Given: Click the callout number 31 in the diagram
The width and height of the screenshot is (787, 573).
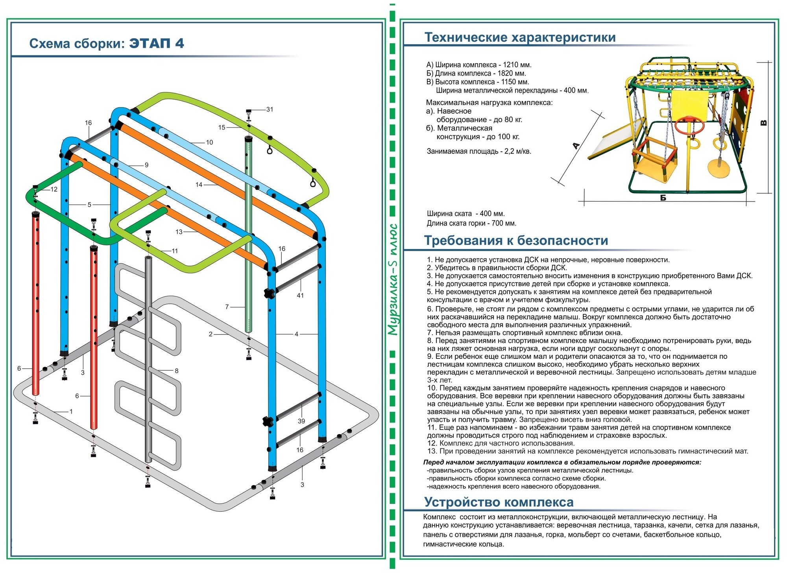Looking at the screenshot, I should pos(270,109).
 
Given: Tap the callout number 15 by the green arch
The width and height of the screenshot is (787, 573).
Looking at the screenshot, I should pos(222,128).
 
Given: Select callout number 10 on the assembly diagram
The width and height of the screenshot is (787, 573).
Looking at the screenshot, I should pos(209,142).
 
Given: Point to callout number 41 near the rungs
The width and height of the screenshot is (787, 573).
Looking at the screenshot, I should pos(300,295).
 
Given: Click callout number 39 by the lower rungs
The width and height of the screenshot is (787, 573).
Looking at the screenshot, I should pos(301,421).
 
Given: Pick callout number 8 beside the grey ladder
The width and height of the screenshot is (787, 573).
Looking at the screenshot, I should pos(177,371).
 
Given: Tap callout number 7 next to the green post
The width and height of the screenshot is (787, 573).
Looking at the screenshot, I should pos(227,307).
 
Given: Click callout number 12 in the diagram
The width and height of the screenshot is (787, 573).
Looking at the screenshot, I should pos(54,189).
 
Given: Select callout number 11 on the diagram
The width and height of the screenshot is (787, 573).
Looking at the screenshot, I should pos(175,251).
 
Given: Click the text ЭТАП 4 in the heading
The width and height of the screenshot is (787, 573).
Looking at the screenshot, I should pos(157,43).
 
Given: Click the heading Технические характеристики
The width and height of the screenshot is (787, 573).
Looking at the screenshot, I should pos(520,37).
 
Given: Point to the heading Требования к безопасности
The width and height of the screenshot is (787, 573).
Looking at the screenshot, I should pos(516,240).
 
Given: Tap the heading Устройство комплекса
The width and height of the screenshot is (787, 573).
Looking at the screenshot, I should pos(499,502).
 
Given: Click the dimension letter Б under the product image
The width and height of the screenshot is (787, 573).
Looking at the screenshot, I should pos(663,198).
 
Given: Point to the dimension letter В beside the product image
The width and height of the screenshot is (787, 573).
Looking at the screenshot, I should pos(764,123).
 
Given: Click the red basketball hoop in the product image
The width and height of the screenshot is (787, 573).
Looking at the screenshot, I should pos(689,125).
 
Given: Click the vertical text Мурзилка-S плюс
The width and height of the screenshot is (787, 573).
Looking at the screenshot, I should pos(393,279).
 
